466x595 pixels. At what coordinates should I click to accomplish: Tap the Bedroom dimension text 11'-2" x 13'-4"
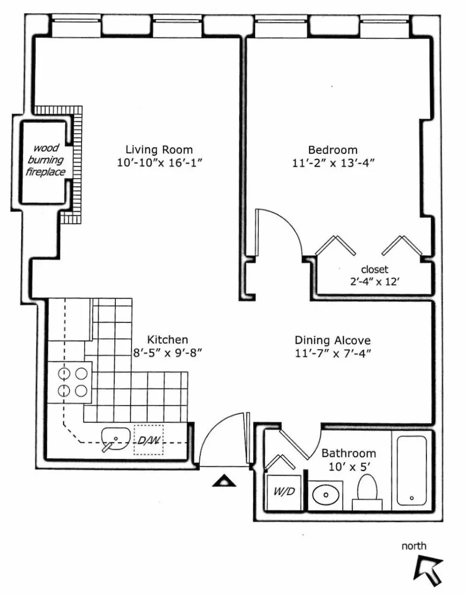[x=333, y=163]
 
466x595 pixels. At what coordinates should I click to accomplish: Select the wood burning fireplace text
[x=46, y=159]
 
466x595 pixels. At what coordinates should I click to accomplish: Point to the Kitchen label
[x=167, y=339]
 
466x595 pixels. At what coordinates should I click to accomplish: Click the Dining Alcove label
[x=333, y=340]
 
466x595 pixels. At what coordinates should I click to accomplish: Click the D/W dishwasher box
[x=149, y=440]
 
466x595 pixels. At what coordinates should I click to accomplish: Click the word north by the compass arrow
[x=414, y=546]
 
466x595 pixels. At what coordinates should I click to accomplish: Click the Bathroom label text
[x=348, y=453]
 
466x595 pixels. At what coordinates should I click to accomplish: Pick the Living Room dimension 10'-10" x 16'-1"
[x=160, y=163]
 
